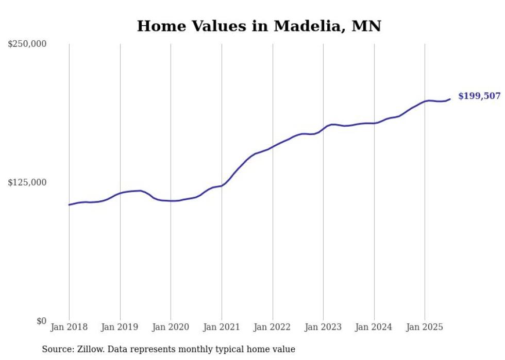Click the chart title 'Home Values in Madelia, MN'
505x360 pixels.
pyautogui.click(x=259, y=26)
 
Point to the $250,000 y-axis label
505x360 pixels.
pyautogui.click(x=27, y=44)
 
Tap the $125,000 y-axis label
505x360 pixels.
pyautogui.click(x=27, y=182)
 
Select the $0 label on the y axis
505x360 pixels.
pyautogui.click(x=41, y=321)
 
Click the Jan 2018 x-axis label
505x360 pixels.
pyautogui.click(x=69, y=327)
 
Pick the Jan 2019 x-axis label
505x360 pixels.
pyautogui.click(x=120, y=327)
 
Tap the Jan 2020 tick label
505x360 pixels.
pyautogui.click(x=171, y=327)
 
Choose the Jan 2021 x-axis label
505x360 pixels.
pyautogui.click(x=222, y=327)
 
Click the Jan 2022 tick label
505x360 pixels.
pyautogui.click(x=273, y=327)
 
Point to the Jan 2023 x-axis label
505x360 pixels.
pyautogui.click(x=323, y=327)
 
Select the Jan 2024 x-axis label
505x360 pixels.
pyautogui.click(x=374, y=327)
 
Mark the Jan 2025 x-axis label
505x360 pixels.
pyautogui.click(x=425, y=327)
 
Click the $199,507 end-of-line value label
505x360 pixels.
pyautogui.click(x=479, y=96)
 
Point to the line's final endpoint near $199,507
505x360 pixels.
pyautogui.click(x=450, y=99)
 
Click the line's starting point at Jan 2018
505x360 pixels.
pyautogui.click(x=69, y=205)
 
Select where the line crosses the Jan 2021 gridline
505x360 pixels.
pyautogui.click(x=222, y=185)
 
